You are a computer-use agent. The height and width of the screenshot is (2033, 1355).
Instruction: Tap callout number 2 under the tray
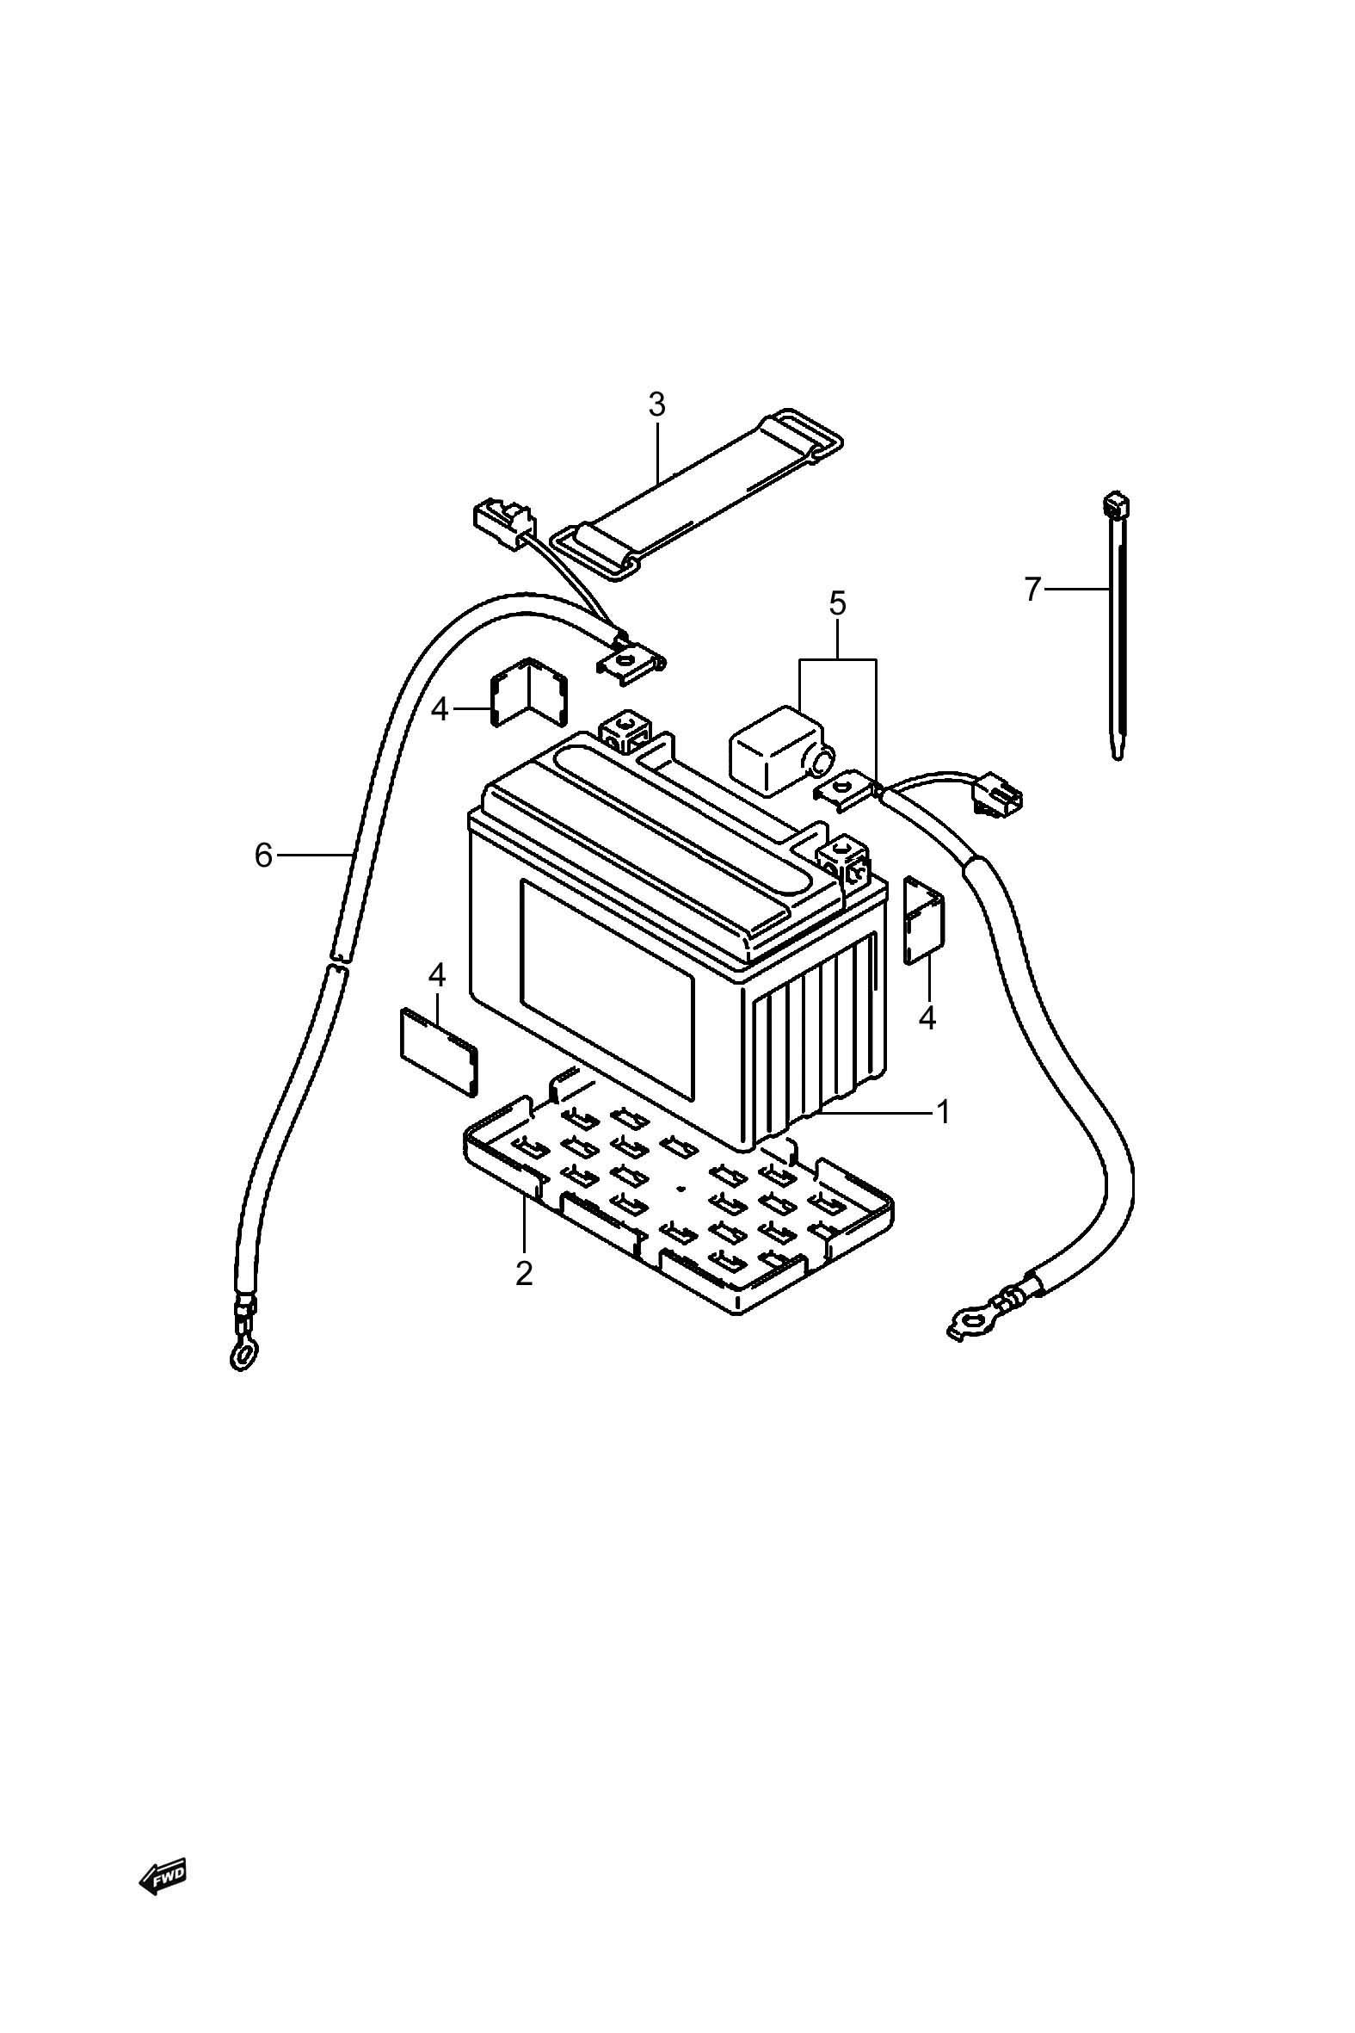pos(524,1273)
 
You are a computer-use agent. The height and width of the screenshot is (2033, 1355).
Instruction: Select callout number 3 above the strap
pos(656,404)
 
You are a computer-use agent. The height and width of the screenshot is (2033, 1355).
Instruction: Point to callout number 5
pos(837,602)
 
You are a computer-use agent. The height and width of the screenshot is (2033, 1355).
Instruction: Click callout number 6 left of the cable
pos(263,855)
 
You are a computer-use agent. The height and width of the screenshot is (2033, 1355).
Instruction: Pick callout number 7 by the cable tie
pos(1032,589)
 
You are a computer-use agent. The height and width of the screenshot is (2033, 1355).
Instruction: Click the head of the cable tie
pos(1116,505)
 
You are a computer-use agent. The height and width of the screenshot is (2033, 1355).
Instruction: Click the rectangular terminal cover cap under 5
pos(775,749)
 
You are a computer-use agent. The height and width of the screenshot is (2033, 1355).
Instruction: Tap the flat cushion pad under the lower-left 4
pos(439,1051)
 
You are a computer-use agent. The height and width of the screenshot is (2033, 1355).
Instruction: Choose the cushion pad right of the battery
pos(923,920)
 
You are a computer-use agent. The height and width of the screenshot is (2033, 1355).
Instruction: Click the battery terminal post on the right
pos(845,860)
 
